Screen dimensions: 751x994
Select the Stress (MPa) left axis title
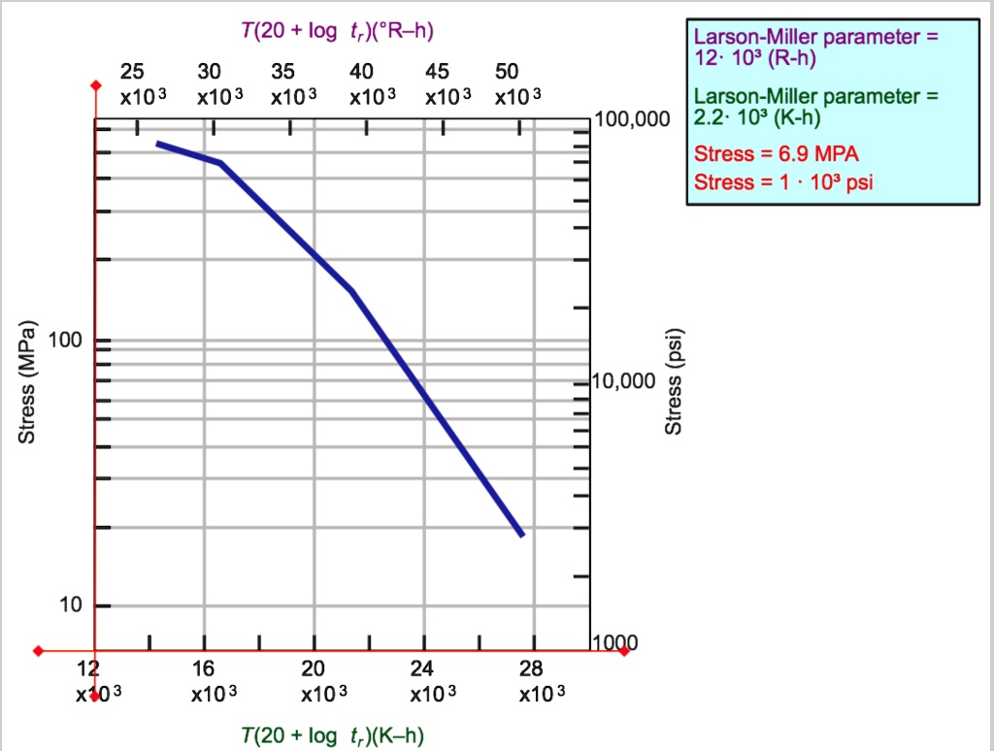click(x=28, y=381)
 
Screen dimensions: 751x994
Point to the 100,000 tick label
click(x=634, y=120)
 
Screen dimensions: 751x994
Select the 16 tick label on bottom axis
click(x=203, y=669)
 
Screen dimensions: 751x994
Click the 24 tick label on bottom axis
click(x=422, y=669)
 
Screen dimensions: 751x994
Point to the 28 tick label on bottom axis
click(x=531, y=669)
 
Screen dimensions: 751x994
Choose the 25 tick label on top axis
click(x=132, y=72)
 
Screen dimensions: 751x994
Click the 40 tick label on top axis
click(x=361, y=72)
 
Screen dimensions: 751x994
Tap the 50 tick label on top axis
click(x=507, y=72)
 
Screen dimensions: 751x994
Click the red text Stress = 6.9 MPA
click(x=777, y=154)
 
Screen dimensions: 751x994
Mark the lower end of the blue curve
click(x=522, y=535)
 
